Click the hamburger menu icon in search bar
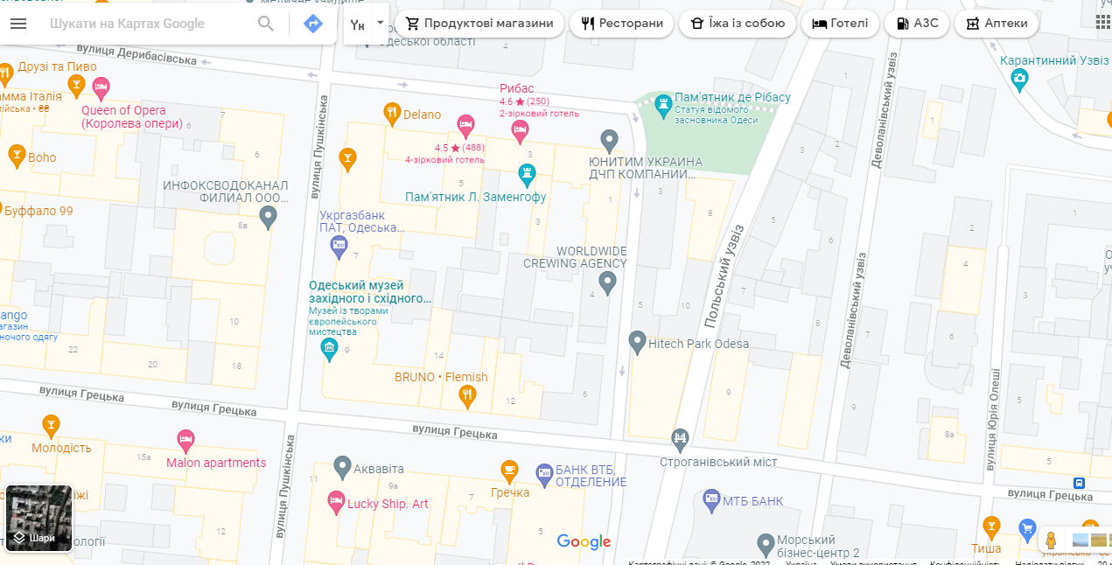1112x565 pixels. tap(18, 24)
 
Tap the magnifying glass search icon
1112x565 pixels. tap(266, 24)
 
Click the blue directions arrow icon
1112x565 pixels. tap(312, 24)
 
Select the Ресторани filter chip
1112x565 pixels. tap(621, 24)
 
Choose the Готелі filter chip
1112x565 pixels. tap(840, 24)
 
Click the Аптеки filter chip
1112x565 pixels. tap(997, 24)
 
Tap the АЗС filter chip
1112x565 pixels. tap(917, 24)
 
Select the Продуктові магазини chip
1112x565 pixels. tap(479, 24)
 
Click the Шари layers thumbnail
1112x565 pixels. tap(38, 518)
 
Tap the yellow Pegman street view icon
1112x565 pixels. tap(1051, 540)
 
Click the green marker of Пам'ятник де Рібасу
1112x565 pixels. tap(663, 102)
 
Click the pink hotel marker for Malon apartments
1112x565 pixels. tap(185, 440)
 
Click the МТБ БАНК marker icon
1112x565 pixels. tap(711, 499)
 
